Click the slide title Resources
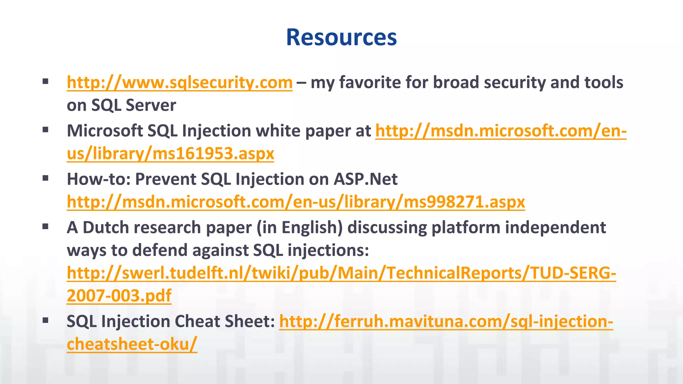click(341, 37)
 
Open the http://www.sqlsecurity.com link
click(179, 82)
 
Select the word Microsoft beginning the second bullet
click(105, 131)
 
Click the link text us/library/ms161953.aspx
click(170, 154)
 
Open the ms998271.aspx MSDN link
click(296, 202)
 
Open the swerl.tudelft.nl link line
click(341, 273)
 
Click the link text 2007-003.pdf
click(119, 296)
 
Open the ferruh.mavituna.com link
click(446, 321)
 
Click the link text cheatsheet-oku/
click(132, 344)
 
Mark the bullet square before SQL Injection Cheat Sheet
click(46, 321)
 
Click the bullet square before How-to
click(46, 178)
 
